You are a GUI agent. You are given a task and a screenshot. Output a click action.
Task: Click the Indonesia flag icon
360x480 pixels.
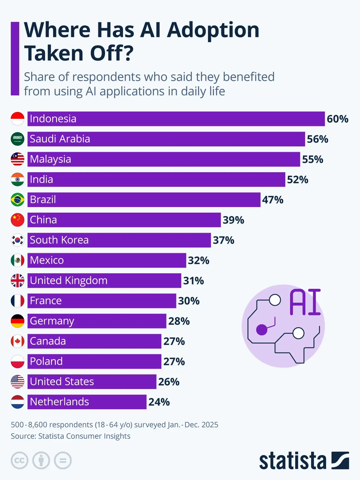pyautogui.click(x=17, y=119)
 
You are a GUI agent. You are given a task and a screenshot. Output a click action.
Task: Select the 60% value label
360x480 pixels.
pyautogui.click(x=337, y=119)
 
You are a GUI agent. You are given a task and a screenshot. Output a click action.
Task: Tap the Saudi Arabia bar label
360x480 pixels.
pyautogui.click(x=60, y=139)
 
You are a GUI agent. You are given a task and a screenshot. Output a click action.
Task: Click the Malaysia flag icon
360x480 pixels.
pyautogui.click(x=17, y=159)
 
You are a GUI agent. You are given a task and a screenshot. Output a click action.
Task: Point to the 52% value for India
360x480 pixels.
pyautogui.click(x=298, y=180)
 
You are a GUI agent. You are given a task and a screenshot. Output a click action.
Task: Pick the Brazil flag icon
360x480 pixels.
pyautogui.click(x=17, y=200)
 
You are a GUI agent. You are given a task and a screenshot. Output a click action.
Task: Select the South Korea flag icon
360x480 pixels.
pyautogui.click(x=17, y=240)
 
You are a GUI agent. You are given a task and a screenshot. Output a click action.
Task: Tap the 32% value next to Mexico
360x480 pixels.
pyautogui.click(x=199, y=260)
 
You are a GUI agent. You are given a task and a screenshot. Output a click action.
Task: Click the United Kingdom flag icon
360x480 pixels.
pyautogui.click(x=17, y=280)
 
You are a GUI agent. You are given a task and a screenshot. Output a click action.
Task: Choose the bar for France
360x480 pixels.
pyautogui.click(x=102, y=301)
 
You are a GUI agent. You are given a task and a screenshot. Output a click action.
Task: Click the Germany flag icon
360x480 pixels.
pyautogui.click(x=17, y=321)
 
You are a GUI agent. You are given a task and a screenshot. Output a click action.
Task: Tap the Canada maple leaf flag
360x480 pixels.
pyautogui.click(x=17, y=341)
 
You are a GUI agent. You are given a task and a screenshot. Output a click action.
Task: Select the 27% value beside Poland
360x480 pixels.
pyautogui.click(x=174, y=361)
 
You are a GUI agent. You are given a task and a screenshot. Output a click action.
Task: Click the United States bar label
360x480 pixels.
pyautogui.click(x=62, y=382)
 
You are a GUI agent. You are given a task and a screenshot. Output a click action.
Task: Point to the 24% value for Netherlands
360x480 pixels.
pyautogui.click(x=159, y=402)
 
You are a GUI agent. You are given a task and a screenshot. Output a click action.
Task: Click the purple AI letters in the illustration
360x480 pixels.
pyautogui.click(x=305, y=302)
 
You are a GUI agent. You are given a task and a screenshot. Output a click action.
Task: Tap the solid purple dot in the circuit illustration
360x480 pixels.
pyautogui.click(x=262, y=330)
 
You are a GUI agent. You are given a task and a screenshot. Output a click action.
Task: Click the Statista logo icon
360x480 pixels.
pyautogui.click(x=340, y=460)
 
